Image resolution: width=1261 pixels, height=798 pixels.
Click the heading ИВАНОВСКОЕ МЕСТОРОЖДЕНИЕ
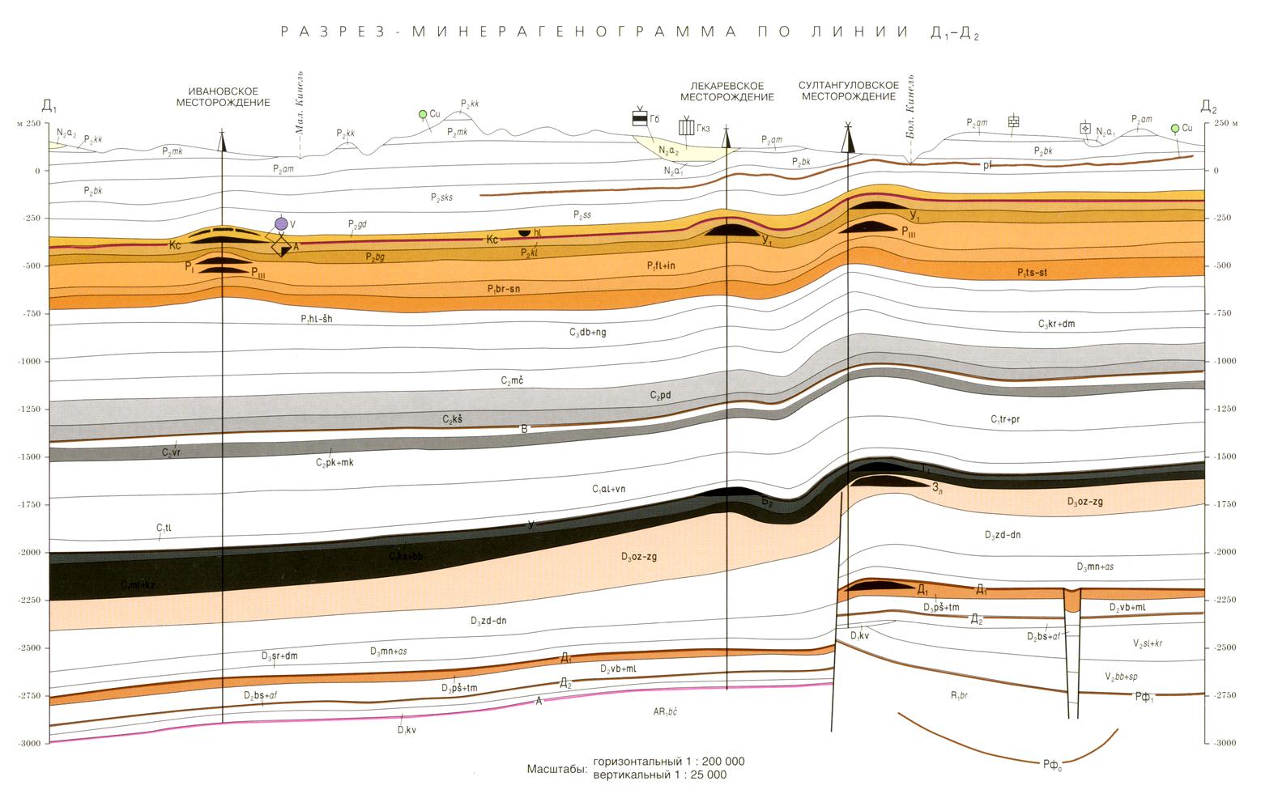[x=223, y=96]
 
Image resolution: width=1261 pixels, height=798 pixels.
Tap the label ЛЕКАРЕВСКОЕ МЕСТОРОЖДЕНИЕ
[x=726, y=91]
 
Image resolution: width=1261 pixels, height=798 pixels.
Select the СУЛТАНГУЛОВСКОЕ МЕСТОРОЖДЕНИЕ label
[x=848, y=91]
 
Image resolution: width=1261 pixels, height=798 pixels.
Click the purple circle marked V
[x=281, y=223]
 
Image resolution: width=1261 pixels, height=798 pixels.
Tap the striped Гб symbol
[x=640, y=120]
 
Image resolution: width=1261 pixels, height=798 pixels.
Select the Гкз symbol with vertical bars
[x=686, y=127]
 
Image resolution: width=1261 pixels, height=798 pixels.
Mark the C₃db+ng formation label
[x=588, y=332]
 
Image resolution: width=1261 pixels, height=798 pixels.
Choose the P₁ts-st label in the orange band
[x=1033, y=273]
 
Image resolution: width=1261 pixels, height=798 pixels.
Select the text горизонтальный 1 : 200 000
[x=668, y=762]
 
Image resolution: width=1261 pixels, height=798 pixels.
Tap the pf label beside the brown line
[x=987, y=165]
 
